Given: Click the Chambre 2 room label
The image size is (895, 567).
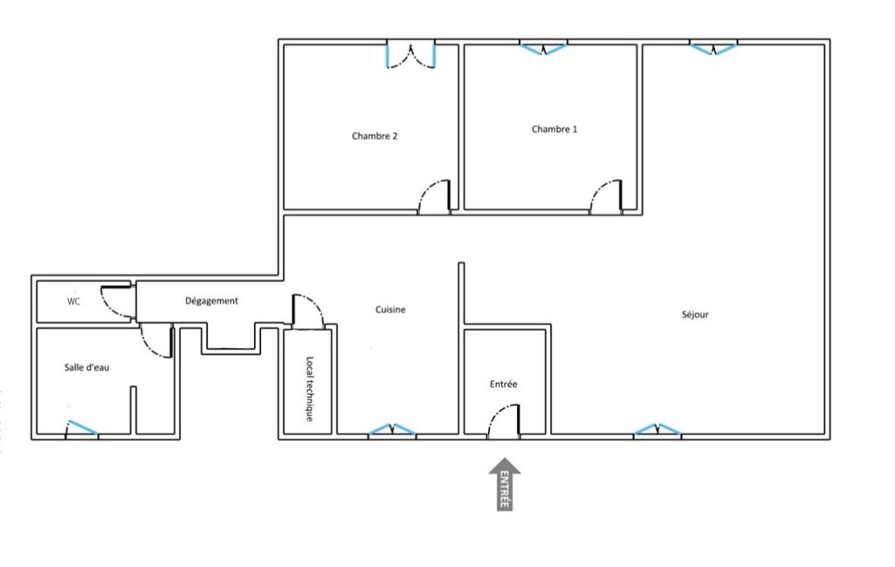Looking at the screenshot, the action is (x=375, y=136).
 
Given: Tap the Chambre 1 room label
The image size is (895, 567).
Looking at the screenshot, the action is (x=554, y=129).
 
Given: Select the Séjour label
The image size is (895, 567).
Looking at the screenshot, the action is (x=695, y=314).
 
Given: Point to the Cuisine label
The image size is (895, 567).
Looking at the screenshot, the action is (x=390, y=309).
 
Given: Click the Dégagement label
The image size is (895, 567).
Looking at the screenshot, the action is (x=211, y=301).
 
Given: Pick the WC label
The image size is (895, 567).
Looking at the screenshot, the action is (x=73, y=301).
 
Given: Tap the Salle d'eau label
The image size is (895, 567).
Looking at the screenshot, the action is (x=86, y=367).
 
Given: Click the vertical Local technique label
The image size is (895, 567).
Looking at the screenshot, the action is (x=309, y=389).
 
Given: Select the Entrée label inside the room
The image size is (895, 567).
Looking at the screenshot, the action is (x=504, y=384).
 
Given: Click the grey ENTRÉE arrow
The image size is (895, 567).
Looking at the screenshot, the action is (x=505, y=484).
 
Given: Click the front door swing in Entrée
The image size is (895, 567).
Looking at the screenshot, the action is (x=505, y=421).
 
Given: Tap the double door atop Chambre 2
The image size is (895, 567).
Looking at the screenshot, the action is (x=411, y=55).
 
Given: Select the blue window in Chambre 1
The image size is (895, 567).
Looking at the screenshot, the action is (x=543, y=47).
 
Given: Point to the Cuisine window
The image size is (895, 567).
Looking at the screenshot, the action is (x=391, y=429).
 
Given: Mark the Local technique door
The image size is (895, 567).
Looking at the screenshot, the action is (x=307, y=311).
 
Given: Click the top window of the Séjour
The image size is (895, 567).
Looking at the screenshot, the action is (x=713, y=47).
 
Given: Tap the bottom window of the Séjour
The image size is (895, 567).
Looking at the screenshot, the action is (x=657, y=429).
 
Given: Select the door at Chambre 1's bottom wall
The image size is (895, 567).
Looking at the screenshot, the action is (x=606, y=197).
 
